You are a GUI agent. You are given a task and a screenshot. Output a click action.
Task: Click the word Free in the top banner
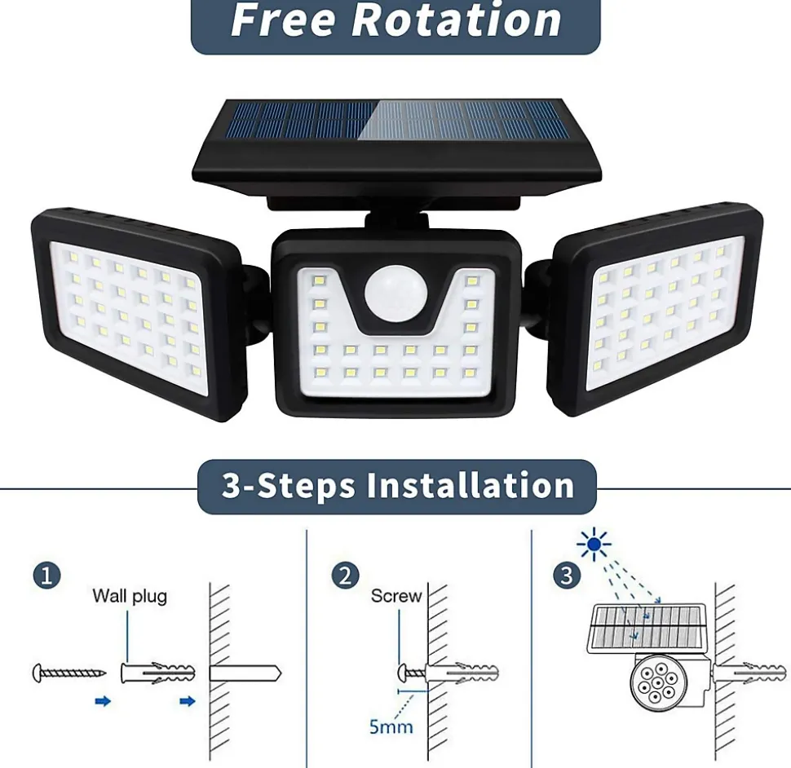pos(282,20)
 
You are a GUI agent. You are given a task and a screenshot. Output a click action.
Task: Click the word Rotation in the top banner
pos(456,20)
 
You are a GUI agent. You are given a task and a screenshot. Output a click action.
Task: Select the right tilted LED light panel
pos(656,309)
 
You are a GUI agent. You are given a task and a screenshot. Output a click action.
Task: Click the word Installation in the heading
pos(471,485)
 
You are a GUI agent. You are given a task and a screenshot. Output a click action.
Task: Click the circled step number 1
pos(47,576)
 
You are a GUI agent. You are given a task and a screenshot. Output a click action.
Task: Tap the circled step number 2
pos(346,576)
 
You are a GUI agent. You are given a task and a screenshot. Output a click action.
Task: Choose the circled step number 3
pos(567,576)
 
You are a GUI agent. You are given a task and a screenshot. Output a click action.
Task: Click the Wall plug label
pos(130,596)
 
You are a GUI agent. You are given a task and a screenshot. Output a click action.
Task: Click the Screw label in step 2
pos(396,596)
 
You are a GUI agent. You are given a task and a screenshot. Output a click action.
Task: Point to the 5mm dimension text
pos(391,726)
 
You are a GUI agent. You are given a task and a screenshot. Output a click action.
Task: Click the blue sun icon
pos(594,544)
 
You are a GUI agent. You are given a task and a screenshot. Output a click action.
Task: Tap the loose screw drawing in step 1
pos(69,673)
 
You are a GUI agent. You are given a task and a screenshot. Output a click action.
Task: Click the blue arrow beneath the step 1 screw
pos(103,701)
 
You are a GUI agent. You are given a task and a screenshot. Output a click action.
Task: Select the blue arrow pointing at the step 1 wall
pos(188,701)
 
